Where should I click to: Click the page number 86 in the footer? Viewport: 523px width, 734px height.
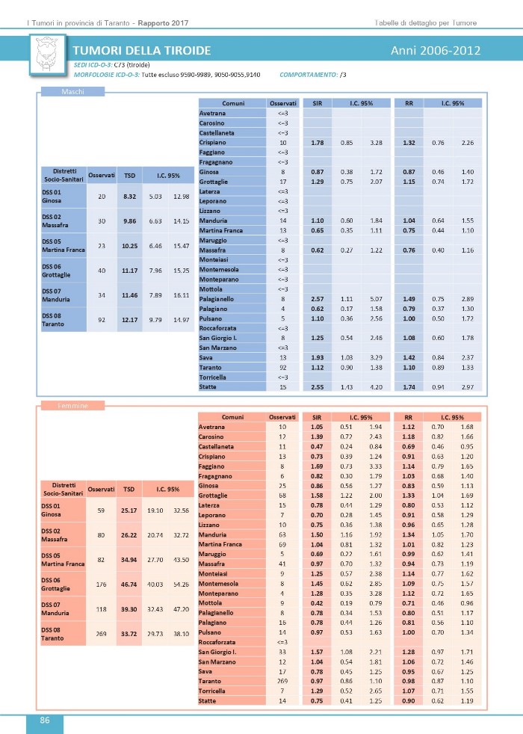(x=45, y=721)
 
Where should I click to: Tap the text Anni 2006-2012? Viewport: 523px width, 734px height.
(x=435, y=51)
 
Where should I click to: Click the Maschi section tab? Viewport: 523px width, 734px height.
(x=72, y=92)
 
